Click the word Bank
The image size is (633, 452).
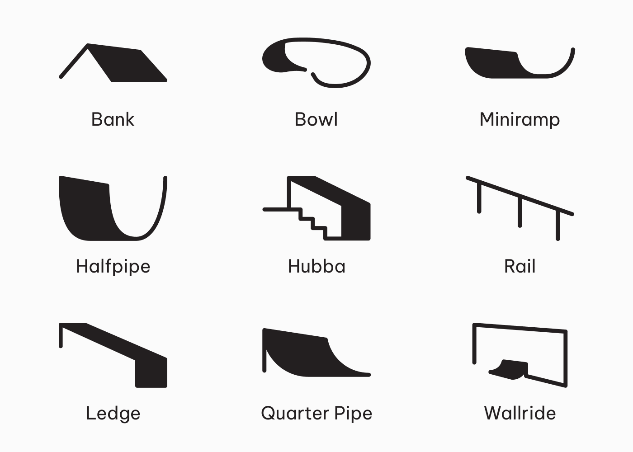coord(113,119)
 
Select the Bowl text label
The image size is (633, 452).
coord(316,119)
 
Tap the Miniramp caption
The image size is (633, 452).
coord(520,120)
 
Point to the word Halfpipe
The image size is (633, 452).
coord(113,266)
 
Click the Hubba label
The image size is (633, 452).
coord(316,266)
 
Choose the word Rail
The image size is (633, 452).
coord(520,266)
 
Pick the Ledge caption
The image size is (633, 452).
coord(113,413)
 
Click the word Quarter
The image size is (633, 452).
coord(295,413)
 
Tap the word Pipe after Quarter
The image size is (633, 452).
coord(353,413)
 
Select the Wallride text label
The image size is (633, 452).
coord(520,413)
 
